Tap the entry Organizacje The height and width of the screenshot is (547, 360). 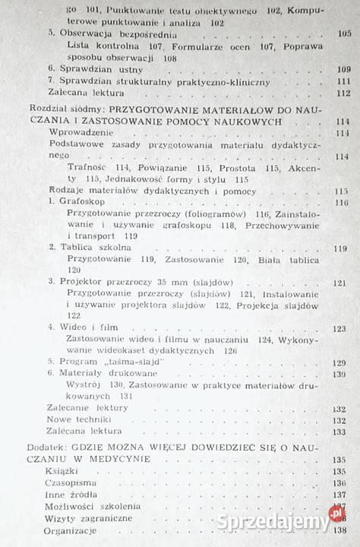tap(72, 530)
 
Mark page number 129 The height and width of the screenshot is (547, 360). tap(339, 362)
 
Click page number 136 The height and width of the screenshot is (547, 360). tap(339, 483)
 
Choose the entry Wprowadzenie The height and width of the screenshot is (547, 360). tap(78, 132)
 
